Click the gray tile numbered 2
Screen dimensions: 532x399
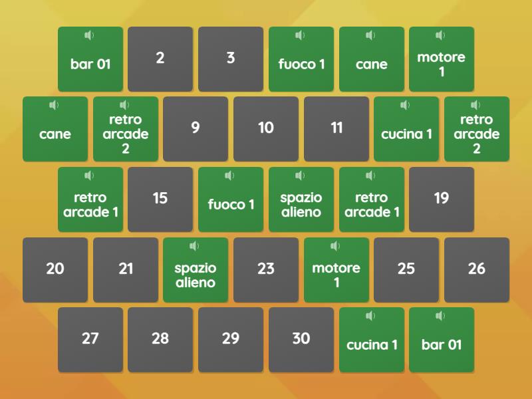(x=160, y=59)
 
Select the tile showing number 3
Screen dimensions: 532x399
(x=231, y=59)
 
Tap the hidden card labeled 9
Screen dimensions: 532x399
(x=196, y=129)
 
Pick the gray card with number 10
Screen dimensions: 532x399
(x=266, y=129)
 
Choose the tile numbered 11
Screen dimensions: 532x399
(x=336, y=129)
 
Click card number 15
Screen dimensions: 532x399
(x=160, y=199)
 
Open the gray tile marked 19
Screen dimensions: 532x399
(x=442, y=199)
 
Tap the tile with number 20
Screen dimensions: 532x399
(x=55, y=270)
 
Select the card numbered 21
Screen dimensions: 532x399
(x=126, y=270)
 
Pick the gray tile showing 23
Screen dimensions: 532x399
(x=266, y=270)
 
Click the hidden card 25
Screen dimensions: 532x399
(x=406, y=270)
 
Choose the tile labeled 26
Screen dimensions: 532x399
(x=477, y=270)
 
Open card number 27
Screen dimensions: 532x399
(x=90, y=340)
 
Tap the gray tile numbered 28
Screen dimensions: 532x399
(x=160, y=340)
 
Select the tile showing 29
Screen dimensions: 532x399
(x=231, y=340)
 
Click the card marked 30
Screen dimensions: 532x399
(x=301, y=340)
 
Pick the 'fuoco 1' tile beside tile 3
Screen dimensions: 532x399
(x=301, y=59)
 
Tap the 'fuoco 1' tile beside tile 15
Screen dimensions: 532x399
(x=231, y=199)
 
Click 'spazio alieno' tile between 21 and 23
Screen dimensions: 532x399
(x=196, y=270)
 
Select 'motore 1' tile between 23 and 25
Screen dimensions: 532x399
(x=336, y=270)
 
